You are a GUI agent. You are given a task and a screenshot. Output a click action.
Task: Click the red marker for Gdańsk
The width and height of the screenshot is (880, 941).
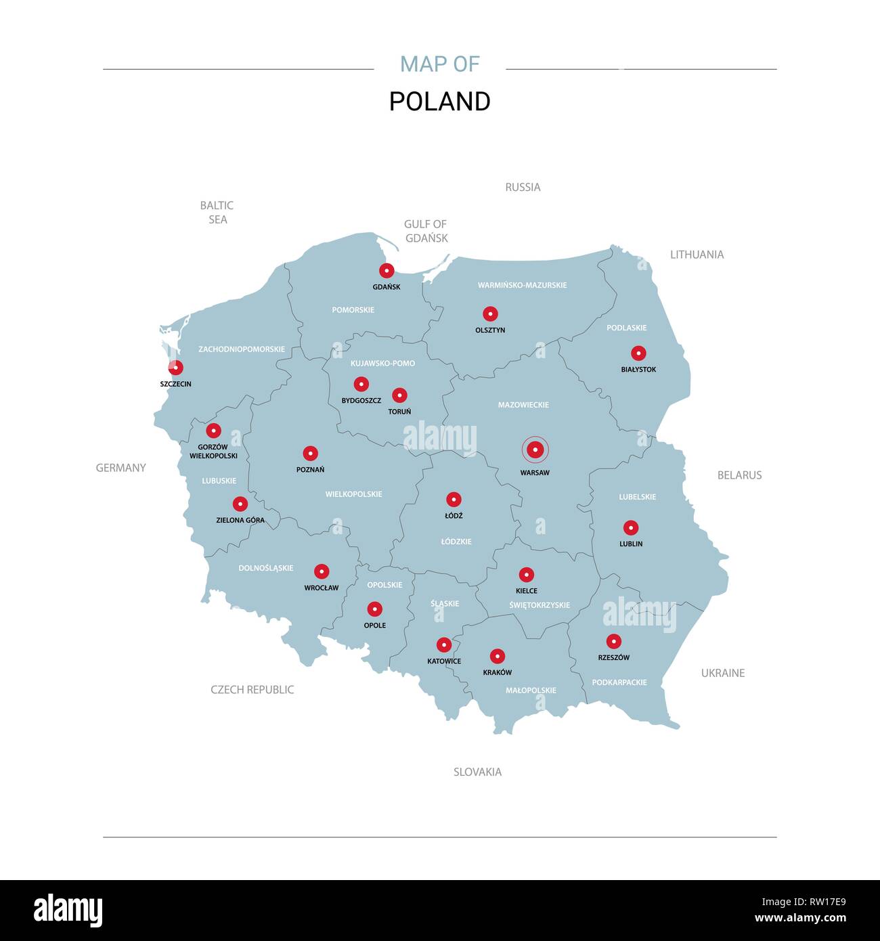click(387, 271)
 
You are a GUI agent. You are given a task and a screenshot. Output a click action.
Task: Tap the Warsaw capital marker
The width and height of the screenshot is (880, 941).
click(535, 450)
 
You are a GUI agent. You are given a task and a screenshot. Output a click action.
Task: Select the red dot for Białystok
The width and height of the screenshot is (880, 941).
click(638, 353)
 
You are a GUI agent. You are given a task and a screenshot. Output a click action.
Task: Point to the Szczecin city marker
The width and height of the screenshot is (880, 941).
click(175, 368)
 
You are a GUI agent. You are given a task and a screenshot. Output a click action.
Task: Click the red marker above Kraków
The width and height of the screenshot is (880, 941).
click(498, 656)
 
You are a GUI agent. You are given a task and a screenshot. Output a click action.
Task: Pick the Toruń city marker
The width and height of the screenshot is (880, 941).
click(400, 395)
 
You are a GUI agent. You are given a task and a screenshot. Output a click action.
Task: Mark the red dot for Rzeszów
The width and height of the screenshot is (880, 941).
click(614, 641)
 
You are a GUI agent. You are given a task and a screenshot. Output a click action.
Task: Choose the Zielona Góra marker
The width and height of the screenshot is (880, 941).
click(240, 504)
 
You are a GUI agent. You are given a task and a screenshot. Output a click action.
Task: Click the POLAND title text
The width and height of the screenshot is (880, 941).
click(439, 102)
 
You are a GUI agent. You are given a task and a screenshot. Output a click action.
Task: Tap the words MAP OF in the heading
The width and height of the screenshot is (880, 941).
click(439, 64)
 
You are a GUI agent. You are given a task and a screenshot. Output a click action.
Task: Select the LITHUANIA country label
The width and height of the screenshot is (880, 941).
click(697, 255)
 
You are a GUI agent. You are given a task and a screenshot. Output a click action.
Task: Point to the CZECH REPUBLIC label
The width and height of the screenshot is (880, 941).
click(252, 690)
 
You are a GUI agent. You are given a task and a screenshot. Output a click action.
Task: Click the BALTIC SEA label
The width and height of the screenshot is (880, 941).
click(217, 213)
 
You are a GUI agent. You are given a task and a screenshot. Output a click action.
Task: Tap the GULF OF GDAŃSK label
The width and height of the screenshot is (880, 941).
click(426, 231)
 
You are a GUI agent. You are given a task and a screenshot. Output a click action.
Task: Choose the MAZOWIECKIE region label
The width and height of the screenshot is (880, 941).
click(523, 405)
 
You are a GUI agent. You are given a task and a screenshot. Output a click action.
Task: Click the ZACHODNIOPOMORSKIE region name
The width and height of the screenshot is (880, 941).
click(242, 349)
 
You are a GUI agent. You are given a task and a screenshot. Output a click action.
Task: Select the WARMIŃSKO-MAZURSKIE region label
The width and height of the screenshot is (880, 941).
click(522, 285)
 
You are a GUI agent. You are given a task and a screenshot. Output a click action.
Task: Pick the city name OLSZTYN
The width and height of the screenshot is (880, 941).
click(490, 330)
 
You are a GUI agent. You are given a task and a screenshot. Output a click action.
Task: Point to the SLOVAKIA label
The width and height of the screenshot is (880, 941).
click(477, 772)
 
